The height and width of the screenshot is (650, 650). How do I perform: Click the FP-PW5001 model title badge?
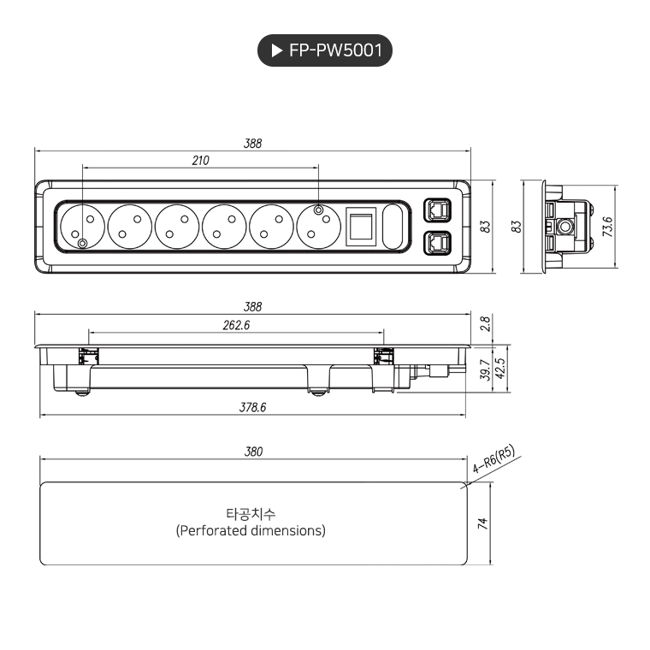(325, 51)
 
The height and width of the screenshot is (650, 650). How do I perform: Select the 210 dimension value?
(200, 160)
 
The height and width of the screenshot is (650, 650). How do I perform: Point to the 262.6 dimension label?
(235, 325)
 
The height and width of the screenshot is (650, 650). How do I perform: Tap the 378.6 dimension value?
(252, 408)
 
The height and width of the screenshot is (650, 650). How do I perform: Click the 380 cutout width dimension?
(253, 452)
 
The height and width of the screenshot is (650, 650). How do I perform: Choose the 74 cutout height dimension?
(482, 523)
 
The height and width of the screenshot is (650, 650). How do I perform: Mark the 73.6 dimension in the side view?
(607, 227)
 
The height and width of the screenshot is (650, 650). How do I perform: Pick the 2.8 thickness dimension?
(485, 323)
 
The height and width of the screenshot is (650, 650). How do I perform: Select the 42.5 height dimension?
(499, 369)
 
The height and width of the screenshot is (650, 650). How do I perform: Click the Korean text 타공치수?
(251, 514)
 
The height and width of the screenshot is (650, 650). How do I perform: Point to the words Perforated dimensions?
(251, 530)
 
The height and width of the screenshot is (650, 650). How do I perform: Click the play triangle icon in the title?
(276, 51)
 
